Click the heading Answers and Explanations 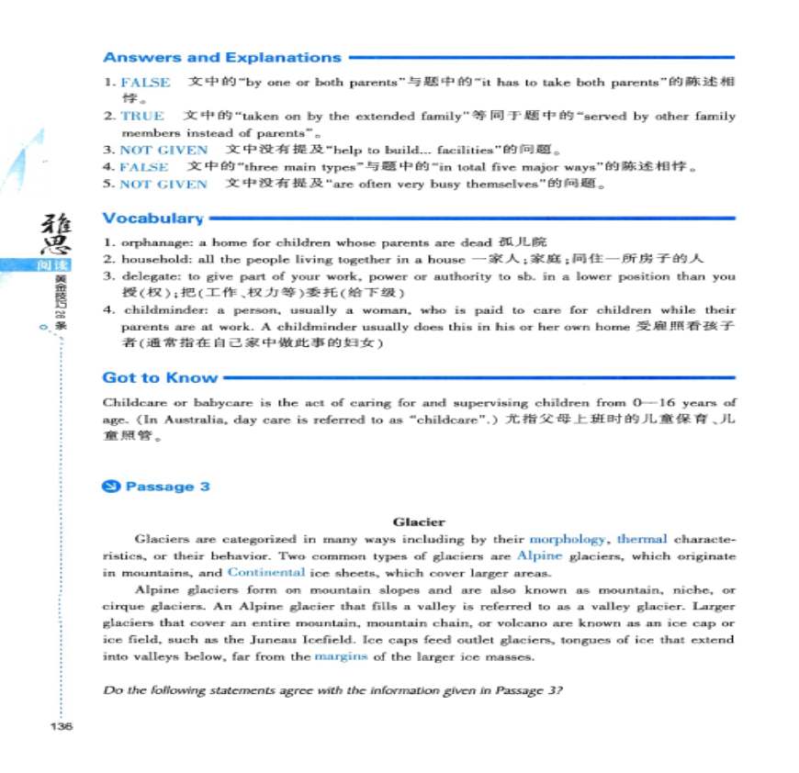tap(221, 57)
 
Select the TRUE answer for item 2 tap(141, 116)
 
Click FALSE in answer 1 tap(144, 83)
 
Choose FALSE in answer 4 tap(143, 166)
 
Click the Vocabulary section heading tap(152, 218)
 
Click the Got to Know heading tap(160, 377)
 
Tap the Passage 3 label tap(167, 487)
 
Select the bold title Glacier tap(418, 521)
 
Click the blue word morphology tap(567, 539)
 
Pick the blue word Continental tap(265, 572)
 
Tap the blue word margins tap(341, 656)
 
